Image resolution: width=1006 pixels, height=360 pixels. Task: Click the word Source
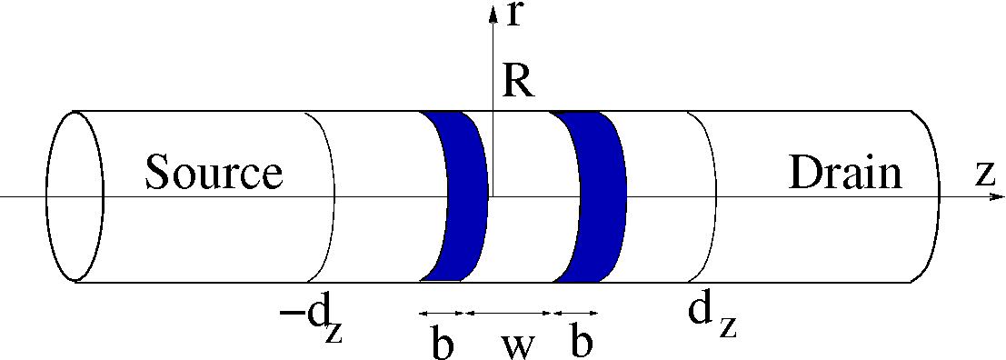click(214, 172)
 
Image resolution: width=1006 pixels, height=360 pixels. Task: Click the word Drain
click(845, 172)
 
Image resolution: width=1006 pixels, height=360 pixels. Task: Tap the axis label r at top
click(513, 15)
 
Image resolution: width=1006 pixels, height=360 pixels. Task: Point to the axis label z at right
click(987, 174)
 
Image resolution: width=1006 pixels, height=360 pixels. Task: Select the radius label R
click(518, 82)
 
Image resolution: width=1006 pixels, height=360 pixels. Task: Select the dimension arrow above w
click(508, 312)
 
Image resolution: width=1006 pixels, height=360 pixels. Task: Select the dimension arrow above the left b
click(442, 312)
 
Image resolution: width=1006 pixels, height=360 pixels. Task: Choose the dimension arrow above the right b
click(575, 312)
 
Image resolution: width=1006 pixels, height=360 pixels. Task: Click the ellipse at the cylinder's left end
click(75, 195)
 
